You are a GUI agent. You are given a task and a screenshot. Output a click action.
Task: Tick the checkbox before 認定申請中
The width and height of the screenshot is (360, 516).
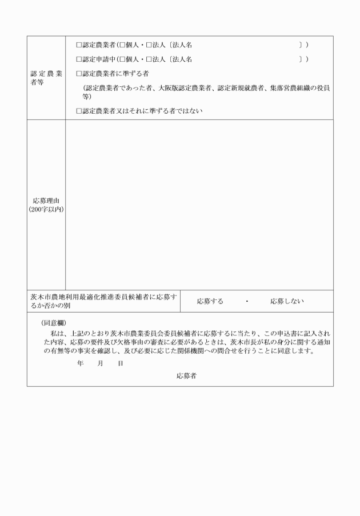coord(79,59)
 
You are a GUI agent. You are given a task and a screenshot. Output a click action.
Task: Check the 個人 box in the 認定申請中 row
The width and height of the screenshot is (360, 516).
coord(122,59)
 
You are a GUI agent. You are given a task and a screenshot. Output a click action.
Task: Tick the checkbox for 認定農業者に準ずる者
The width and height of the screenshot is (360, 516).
coord(79,74)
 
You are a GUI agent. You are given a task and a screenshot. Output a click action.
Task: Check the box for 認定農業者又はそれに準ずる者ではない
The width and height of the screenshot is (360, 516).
coord(79,111)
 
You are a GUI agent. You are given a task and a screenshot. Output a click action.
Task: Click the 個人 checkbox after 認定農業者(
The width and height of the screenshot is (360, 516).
coord(122,44)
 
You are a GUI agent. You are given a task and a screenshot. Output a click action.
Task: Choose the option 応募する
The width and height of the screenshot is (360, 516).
coord(210,301)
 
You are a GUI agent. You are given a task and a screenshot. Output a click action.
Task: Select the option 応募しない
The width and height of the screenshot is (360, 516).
coord(287,301)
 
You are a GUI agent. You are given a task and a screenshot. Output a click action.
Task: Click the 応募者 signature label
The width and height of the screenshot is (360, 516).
coord(186,375)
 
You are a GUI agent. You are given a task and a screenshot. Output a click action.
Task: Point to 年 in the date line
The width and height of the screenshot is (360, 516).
coord(79,363)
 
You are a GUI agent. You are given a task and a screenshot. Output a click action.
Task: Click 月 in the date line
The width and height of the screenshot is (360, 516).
coord(100,363)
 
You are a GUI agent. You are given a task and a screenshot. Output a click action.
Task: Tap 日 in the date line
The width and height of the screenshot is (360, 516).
coord(121,363)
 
